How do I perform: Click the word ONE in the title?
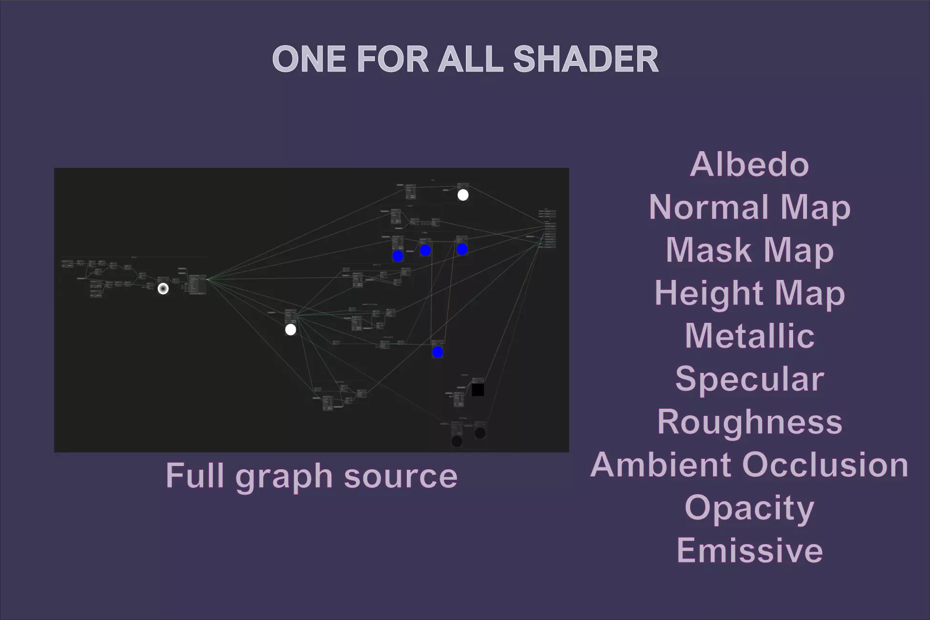pos(309,60)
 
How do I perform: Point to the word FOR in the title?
pos(392,60)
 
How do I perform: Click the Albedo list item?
pos(749,165)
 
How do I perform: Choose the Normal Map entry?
pos(749,207)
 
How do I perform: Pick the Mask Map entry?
pos(749,250)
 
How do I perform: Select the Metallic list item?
pos(749,336)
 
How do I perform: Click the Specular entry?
pos(749,379)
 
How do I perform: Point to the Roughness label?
pos(749,422)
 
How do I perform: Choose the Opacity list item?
pos(749,508)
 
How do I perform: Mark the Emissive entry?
pos(749,550)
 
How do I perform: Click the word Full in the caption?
pos(195,475)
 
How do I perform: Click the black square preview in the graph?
pos(477,390)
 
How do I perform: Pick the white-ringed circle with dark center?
pos(163,289)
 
